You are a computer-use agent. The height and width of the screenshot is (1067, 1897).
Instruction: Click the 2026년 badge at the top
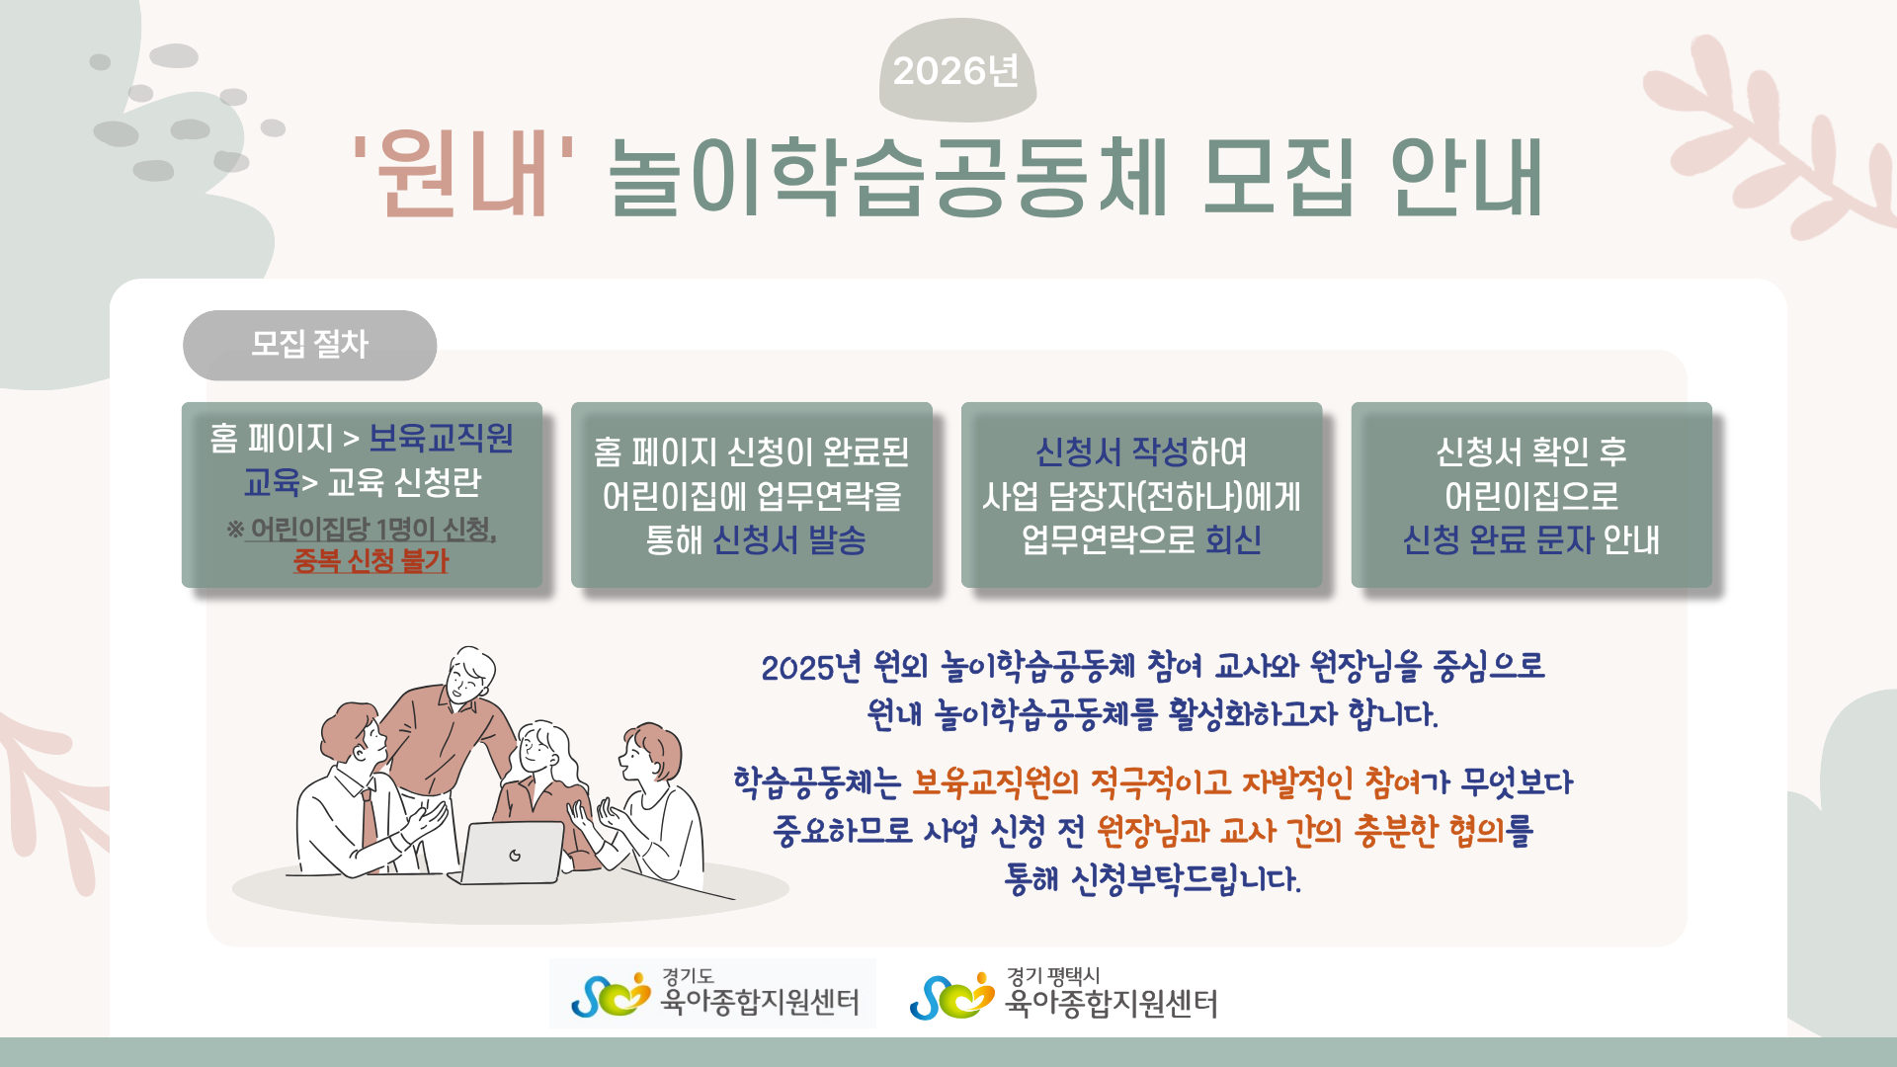(956, 70)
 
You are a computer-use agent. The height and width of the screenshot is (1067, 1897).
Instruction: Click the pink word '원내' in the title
(464, 176)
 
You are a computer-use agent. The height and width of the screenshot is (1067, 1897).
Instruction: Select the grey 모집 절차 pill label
(309, 345)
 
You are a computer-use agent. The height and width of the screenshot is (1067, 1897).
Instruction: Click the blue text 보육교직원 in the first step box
(441, 438)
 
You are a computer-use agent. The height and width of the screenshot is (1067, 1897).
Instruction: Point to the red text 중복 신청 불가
(371, 561)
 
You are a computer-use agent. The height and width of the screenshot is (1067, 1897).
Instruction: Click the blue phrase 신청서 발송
(789, 539)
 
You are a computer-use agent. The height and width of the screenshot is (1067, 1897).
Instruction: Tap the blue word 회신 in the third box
(1233, 539)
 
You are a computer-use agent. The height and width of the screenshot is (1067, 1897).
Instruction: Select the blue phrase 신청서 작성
(1112, 452)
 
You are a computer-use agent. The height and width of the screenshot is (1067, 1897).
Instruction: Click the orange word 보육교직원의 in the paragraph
(995, 782)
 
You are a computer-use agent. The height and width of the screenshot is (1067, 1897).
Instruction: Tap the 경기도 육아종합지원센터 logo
(713, 994)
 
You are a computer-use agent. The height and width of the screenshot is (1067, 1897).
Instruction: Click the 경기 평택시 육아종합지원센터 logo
(1063, 994)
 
